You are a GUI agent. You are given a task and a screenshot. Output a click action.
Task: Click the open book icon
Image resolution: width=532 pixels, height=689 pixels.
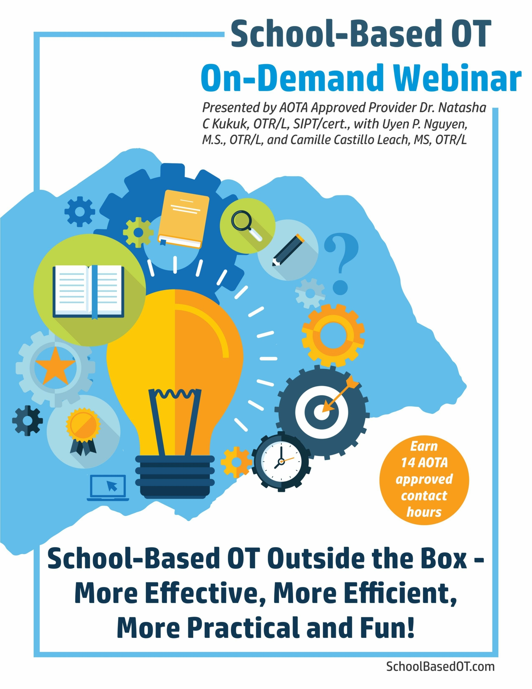88,291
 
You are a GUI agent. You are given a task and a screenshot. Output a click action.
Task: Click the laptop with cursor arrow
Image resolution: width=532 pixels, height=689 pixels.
108,488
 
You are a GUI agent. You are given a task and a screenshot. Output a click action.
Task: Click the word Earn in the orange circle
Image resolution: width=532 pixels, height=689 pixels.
424,447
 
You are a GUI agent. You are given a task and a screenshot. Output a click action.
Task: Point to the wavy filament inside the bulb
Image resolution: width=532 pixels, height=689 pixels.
175,393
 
